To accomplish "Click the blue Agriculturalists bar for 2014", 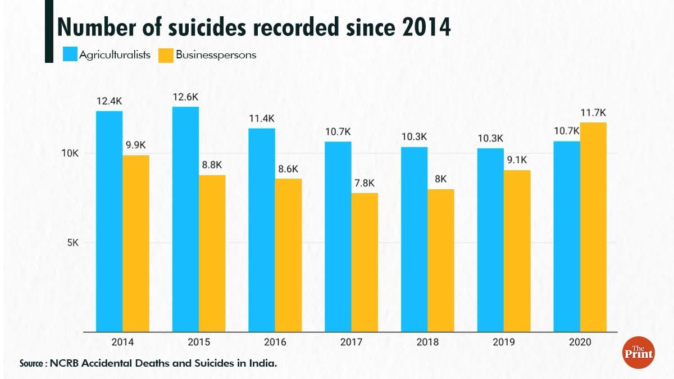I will click(x=109, y=221).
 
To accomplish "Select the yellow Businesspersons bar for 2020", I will click(x=593, y=227).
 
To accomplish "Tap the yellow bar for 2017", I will click(x=365, y=262).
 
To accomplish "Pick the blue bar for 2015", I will click(x=185, y=219).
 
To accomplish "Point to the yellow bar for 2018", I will click(x=441, y=261).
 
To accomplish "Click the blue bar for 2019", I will click(x=490, y=240).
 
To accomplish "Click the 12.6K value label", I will click(x=185, y=97).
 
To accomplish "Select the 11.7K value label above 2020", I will click(x=593, y=113).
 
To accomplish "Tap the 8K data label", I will click(x=441, y=180).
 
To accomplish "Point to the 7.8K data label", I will click(x=365, y=183).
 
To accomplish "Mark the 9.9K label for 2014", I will click(x=136, y=145).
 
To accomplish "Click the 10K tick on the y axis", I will click(x=70, y=153).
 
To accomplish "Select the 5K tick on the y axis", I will click(x=72, y=243).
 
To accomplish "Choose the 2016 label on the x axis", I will click(x=275, y=342).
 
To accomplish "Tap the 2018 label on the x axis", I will click(x=427, y=342).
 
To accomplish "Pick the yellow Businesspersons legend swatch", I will click(x=165, y=54).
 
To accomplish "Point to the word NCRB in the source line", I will click(x=65, y=363).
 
